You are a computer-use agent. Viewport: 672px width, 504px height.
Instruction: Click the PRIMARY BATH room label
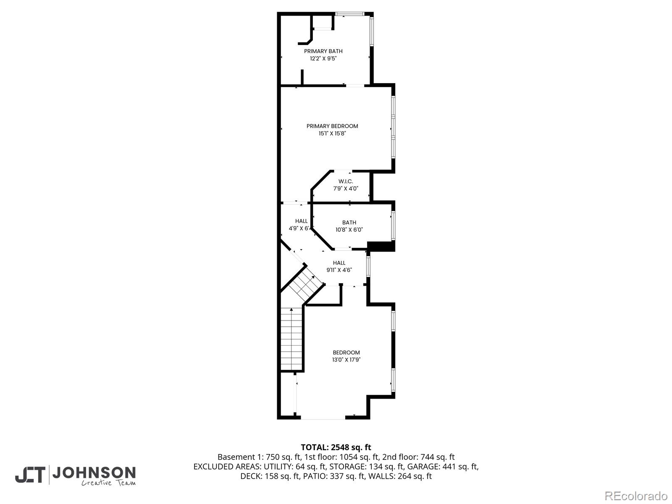click(x=323, y=51)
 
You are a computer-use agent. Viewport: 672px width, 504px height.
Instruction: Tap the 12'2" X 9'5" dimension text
click(x=323, y=59)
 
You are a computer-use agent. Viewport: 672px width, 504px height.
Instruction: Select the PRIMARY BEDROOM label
click(x=332, y=126)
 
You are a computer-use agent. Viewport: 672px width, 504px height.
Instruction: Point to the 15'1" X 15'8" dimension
click(x=332, y=134)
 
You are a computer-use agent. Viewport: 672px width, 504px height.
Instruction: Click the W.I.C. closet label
click(x=346, y=181)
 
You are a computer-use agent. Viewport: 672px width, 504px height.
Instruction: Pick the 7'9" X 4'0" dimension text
click(x=346, y=189)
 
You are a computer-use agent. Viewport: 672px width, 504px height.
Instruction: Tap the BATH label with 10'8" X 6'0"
click(x=349, y=223)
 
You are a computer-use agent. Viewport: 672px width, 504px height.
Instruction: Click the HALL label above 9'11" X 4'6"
click(x=339, y=263)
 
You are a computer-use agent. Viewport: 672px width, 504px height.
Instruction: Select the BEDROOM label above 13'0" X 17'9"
click(x=346, y=352)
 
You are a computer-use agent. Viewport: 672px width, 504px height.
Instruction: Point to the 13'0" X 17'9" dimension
click(x=346, y=360)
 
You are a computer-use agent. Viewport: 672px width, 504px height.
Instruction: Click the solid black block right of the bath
click(x=381, y=247)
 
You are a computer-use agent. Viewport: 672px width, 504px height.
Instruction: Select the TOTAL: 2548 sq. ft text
click(x=336, y=447)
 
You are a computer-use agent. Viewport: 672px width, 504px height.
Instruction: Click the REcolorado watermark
click(x=636, y=496)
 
